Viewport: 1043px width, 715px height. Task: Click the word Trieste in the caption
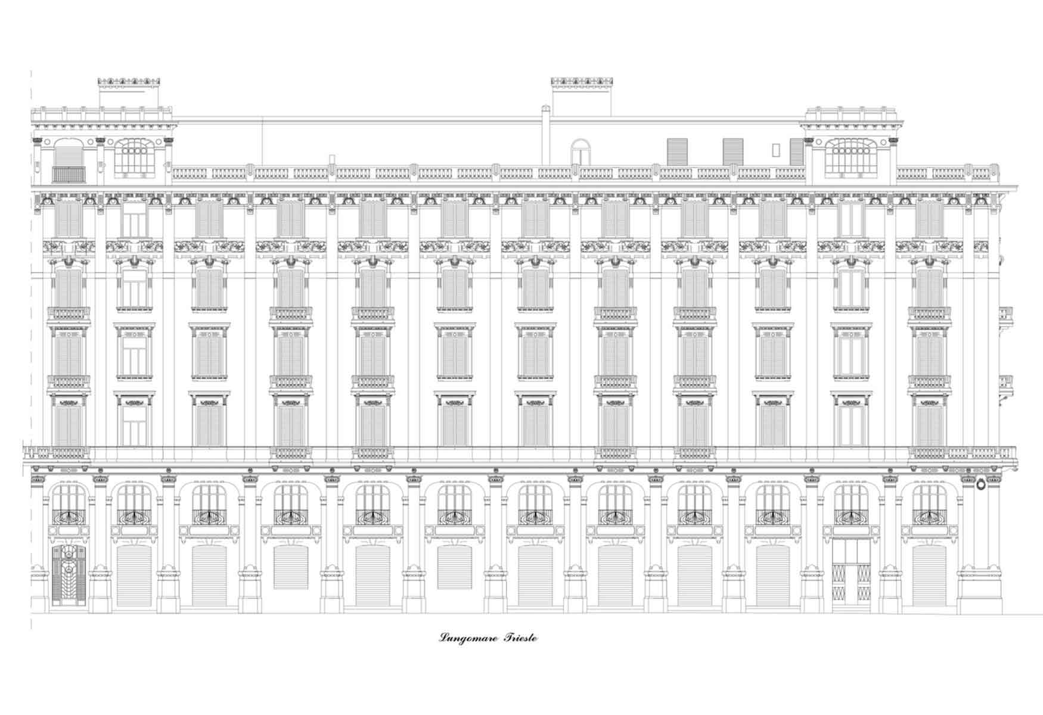(520, 638)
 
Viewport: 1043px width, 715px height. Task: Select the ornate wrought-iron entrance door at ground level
(68, 576)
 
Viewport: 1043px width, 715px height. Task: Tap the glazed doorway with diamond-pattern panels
(851, 573)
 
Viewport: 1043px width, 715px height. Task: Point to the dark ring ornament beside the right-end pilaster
(980, 484)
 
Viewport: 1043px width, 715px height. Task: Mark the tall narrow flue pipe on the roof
(545, 135)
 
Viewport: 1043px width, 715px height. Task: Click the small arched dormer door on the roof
(580, 152)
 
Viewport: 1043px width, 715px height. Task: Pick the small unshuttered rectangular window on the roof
(775, 150)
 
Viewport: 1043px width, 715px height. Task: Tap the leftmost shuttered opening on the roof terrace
(677, 152)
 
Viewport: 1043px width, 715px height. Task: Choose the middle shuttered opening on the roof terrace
(733, 152)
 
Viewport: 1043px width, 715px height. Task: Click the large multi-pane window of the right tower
(851, 158)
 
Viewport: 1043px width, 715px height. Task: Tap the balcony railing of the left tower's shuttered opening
(69, 175)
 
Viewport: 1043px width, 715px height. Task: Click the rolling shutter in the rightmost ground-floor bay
(929, 576)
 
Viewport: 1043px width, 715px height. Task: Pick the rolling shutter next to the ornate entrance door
(134, 576)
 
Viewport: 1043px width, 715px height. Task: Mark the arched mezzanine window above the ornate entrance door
(69, 504)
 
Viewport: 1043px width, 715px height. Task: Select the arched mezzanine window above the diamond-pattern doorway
(851, 504)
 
